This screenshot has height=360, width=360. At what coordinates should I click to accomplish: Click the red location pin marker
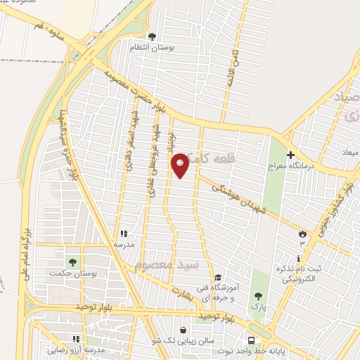180,165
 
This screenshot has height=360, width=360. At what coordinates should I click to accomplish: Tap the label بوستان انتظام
153,47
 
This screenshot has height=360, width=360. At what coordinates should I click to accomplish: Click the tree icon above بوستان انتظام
153,36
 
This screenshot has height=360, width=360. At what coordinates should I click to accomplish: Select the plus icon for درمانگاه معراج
290,155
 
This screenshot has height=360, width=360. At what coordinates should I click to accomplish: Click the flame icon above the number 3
302,233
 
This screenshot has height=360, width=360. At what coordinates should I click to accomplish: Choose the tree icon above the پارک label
258,296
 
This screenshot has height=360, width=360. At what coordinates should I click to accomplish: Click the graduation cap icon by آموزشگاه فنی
218,278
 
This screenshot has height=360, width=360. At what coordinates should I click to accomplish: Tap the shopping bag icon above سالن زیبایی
184,330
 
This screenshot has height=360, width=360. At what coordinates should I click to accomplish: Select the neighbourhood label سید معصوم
167,265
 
